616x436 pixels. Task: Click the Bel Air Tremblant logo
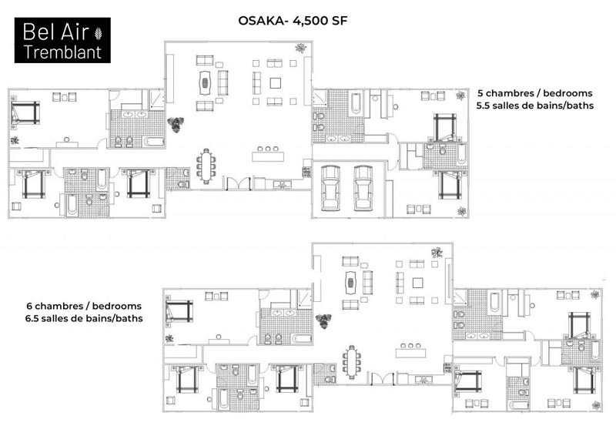(x=62, y=40)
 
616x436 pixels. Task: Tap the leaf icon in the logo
(x=98, y=33)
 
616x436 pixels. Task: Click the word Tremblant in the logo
(x=63, y=52)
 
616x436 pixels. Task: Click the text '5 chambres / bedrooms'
(x=534, y=93)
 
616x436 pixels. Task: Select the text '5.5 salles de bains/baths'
(x=534, y=106)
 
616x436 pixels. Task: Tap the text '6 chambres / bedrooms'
(x=84, y=306)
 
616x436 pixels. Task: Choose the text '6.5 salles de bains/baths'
(x=84, y=318)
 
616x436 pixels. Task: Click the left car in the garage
(x=330, y=188)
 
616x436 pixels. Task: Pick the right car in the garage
(x=363, y=188)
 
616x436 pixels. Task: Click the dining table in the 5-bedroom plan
(x=206, y=166)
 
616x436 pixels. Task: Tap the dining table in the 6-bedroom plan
(x=352, y=362)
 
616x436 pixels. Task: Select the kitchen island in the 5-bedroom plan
(x=268, y=156)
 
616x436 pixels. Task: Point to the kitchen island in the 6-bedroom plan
(x=410, y=353)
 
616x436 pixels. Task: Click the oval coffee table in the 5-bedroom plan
(x=205, y=82)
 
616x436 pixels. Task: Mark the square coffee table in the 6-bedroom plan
(x=417, y=283)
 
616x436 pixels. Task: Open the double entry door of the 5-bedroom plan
(x=239, y=183)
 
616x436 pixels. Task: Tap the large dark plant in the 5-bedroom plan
(x=176, y=124)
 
